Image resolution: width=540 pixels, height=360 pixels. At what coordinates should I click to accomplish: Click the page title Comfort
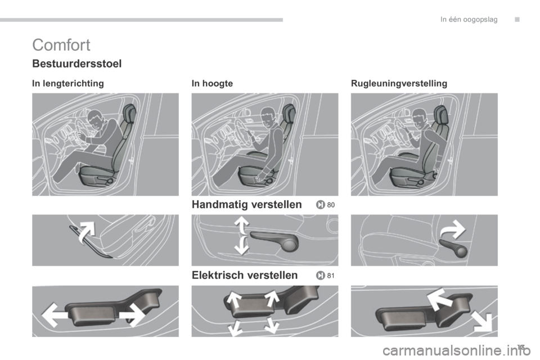61,45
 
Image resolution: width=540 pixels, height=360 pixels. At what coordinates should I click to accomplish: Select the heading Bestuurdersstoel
77,64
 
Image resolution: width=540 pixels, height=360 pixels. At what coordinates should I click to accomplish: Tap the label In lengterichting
68,83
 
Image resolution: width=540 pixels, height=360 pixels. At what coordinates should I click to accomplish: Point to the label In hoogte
212,83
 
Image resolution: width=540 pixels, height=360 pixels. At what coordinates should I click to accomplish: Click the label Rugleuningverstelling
399,83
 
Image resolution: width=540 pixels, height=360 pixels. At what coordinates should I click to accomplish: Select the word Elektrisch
218,275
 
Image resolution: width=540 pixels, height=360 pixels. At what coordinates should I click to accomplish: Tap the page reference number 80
331,205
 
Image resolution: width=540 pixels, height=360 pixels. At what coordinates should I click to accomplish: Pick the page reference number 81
331,276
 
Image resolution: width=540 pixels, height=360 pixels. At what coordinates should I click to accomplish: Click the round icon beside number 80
320,205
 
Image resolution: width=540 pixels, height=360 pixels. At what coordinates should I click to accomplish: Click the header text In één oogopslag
469,20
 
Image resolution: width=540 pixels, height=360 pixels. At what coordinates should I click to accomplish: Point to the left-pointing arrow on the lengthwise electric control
55,314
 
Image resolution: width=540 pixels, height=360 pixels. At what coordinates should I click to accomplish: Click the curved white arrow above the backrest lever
454,229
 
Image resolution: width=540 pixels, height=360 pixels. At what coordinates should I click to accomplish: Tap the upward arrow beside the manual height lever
241,224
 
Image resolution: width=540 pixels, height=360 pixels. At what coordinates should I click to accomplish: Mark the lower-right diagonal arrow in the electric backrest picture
483,321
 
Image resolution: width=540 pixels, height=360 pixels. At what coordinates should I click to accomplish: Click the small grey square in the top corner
517,20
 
